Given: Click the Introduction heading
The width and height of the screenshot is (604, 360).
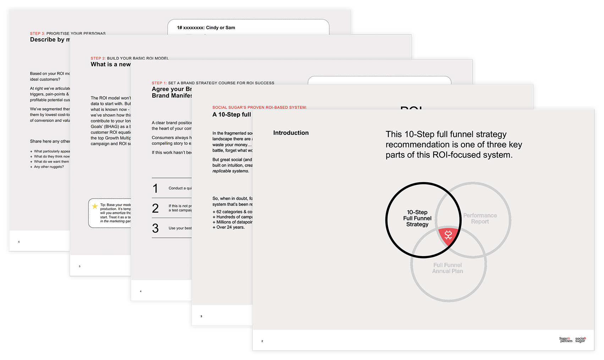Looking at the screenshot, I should click(291, 133).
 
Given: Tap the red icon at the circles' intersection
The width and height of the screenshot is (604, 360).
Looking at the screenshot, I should click(448, 235).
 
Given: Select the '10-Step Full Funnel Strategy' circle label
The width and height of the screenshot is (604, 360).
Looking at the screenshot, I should click(417, 218).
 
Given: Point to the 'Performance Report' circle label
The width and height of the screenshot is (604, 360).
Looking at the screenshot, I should click(480, 218).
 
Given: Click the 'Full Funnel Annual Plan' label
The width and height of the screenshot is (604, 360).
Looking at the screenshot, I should click(447, 268).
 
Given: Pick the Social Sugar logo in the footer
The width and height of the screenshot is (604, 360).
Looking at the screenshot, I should click(581, 339).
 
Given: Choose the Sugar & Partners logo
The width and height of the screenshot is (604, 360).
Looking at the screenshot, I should click(566, 339).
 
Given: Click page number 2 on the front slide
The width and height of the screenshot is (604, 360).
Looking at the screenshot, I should click(262, 341).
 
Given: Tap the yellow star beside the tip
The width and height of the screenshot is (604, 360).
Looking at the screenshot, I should click(95, 206).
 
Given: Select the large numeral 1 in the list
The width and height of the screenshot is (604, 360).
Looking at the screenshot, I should click(155, 188).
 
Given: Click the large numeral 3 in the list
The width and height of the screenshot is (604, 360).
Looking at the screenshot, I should click(155, 228).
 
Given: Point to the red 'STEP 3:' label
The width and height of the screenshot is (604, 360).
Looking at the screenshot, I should click(37, 33).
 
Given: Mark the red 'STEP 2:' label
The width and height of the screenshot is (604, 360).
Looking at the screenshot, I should click(98, 58).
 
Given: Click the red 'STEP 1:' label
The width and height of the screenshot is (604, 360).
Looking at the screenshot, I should click(159, 83).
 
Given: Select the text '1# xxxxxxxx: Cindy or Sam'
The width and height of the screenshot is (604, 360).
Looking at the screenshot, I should click(206, 28).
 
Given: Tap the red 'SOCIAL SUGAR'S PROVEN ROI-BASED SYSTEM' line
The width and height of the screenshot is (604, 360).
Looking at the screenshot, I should click(259, 107).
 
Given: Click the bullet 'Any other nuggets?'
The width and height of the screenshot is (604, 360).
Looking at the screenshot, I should click(49, 167).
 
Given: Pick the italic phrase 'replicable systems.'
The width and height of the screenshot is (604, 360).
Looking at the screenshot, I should click(231, 171).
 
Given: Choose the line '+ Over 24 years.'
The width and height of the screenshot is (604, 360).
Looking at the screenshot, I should click(229, 227).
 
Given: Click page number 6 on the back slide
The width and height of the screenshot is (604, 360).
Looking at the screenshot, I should click(19, 242).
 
